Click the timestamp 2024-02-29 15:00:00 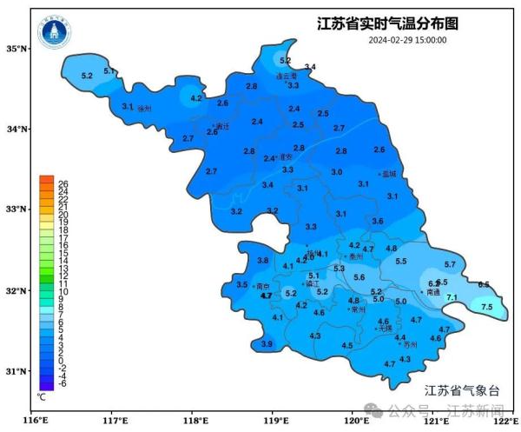407,40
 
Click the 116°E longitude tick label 35,422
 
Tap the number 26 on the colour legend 63,183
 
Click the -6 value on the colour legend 63,383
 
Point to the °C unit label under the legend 41,396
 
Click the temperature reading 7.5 486,308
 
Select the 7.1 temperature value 452,298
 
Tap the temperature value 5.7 450,264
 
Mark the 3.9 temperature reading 267,345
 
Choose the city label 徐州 145,108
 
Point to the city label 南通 433,293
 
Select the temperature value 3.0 336,172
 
